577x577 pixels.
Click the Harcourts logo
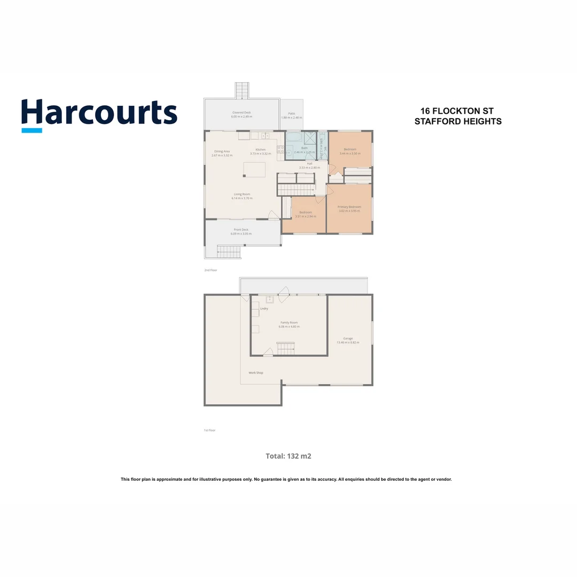tap(99, 114)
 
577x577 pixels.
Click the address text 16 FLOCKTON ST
tap(457, 111)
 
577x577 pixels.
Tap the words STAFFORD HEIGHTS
tap(458, 121)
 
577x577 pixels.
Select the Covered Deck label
tap(241, 113)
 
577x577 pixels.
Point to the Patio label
tap(292, 114)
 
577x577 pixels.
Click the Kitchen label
tap(260, 150)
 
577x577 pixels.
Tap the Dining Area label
tap(222, 151)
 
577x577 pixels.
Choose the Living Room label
tap(242, 194)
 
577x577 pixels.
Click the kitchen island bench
tap(254, 169)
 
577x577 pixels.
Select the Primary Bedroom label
tap(349, 207)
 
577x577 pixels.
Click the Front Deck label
tap(241, 230)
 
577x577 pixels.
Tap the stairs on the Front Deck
tap(229, 252)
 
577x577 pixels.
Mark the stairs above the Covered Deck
tap(242, 90)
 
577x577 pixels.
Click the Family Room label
tap(289, 323)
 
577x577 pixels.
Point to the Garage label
tap(348, 338)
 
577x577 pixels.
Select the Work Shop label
tap(256, 372)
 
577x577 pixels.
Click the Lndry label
tap(264, 309)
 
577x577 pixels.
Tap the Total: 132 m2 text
tap(288, 456)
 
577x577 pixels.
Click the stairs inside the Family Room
tap(285, 348)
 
